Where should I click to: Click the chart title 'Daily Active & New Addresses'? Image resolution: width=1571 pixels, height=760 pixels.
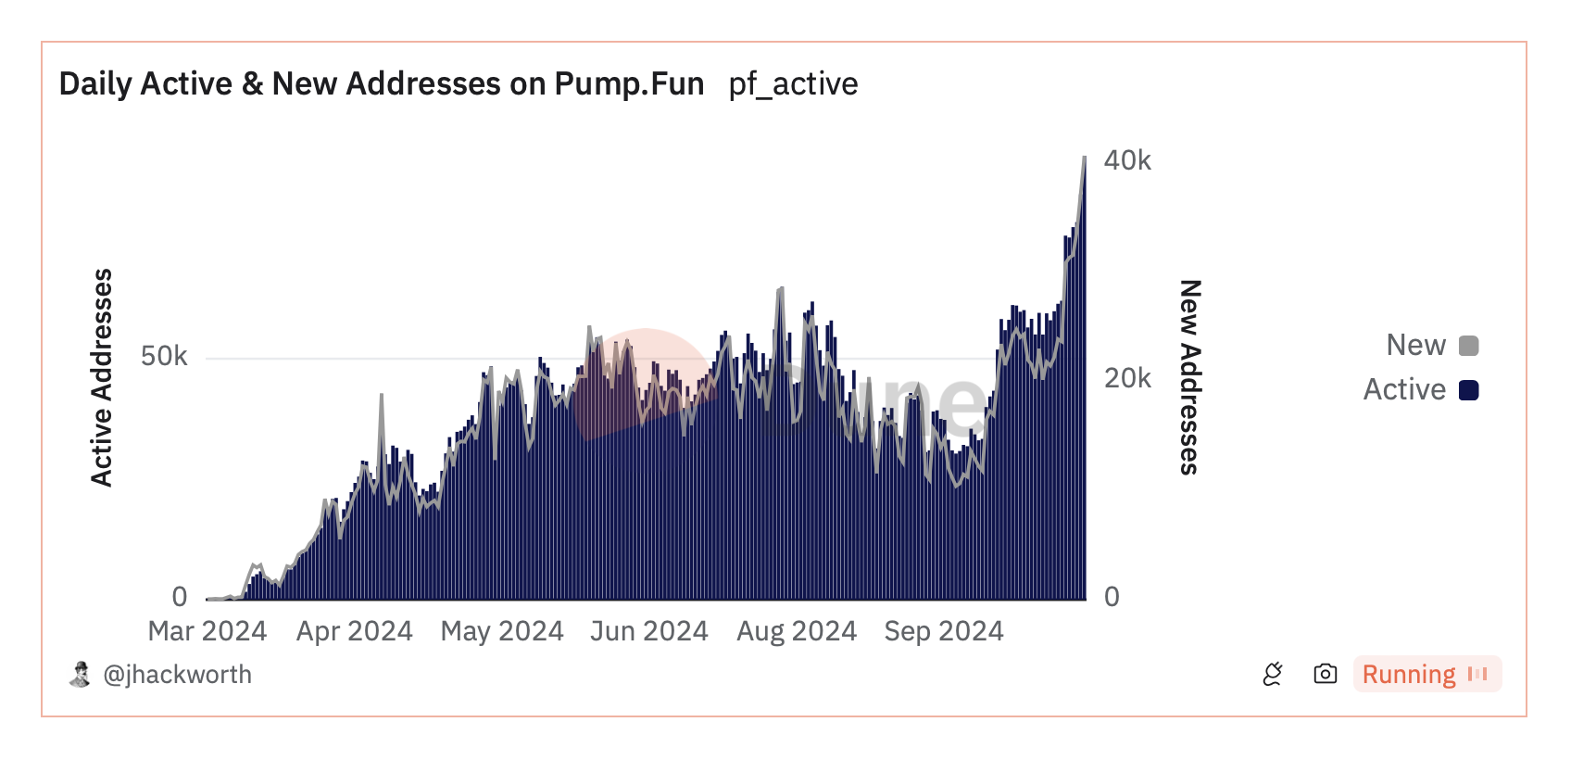coord(381,83)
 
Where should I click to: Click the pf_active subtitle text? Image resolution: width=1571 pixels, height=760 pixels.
coord(793,83)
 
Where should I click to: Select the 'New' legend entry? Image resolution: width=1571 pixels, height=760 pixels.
coord(1415,345)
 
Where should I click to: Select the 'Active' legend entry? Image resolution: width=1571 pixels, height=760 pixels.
coord(1404,389)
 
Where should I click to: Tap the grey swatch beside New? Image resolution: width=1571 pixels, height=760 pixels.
coord(1468,346)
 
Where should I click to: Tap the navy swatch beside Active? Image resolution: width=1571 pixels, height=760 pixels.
coord(1468,390)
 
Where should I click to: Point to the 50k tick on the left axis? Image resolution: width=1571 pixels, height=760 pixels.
coord(164,357)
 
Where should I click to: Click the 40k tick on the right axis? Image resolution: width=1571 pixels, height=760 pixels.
coord(1127,160)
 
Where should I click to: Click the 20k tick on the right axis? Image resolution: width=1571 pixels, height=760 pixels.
coord(1127,378)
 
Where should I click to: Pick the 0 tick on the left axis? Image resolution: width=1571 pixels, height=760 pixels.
coord(180,597)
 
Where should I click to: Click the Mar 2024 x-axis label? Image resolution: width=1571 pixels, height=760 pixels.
coord(207,631)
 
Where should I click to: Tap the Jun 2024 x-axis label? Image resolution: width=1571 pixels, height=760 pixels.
coord(648,631)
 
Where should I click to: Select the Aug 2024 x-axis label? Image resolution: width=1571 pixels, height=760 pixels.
coord(797,631)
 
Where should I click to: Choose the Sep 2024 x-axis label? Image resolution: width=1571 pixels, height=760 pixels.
coord(944,631)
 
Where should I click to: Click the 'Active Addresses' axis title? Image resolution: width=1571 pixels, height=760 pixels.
coord(101,377)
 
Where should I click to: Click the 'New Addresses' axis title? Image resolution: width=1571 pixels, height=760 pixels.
coord(1190,377)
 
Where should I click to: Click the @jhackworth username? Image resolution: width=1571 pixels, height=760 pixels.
coord(177,675)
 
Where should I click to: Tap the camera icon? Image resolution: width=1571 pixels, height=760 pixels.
coord(1325,674)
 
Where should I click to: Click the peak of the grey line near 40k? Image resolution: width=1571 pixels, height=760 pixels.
coord(1085,158)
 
